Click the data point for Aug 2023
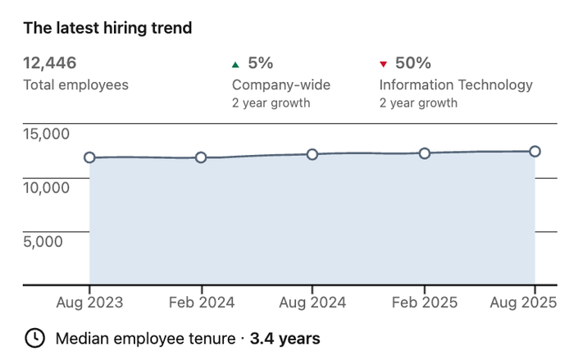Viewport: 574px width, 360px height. (x=89, y=157)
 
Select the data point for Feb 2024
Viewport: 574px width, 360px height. (x=201, y=157)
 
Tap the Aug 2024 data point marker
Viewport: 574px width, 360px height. (x=312, y=154)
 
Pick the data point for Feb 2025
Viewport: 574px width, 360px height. (x=424, y=153)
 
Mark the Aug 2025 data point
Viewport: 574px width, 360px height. (x=535, y=151)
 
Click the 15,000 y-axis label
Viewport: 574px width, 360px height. (x=46, y=134)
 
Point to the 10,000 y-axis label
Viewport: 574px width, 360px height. (x=46, y=188)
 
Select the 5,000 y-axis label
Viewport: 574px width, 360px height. (x=43, y=242)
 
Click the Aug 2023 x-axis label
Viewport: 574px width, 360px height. (x=89, y=303)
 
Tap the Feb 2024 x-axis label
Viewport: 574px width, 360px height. (x=202, y=303)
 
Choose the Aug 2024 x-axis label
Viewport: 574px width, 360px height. (x=312, y=303)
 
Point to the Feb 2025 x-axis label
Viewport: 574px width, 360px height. (x=425, y=303)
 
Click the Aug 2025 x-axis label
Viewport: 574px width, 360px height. (x=523, y=303)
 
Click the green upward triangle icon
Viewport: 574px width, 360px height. (x=235, y=65)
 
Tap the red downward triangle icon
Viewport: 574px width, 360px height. (x=383, y=65)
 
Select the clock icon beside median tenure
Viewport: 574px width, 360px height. (x=34, y=338)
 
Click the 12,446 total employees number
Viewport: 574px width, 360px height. (x=50, y=63)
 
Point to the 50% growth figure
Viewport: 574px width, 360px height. (x=413, y=63)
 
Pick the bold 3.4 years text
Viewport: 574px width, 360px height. (x=285, y=339)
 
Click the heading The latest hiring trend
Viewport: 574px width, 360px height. (x=107, y=28)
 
